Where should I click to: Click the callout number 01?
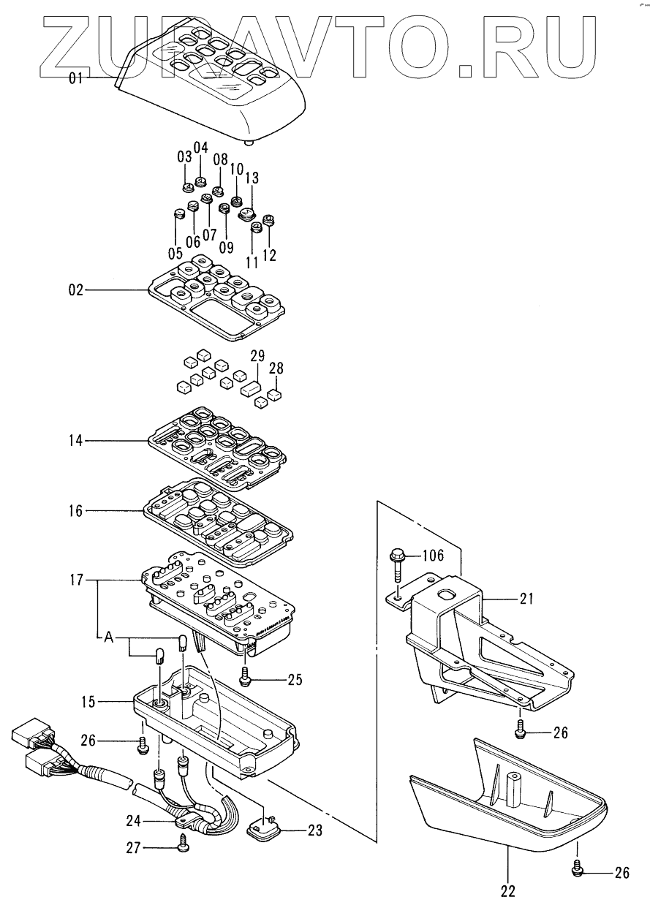(x=76, y=77)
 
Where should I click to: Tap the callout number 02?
(x=76, y=290)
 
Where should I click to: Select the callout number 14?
(x=76, y=441)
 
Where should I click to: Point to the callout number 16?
(x=76, y=511)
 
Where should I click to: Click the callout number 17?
(x=77, y=580)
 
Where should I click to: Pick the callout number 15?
(x=88, y=702)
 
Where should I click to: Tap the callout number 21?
(x=526, y=599)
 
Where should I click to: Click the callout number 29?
(x=257, y=356)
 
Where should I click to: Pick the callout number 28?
(x=276, y=368)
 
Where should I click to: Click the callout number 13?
(x=252, y=178)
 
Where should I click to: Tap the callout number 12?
(x=269, y=255)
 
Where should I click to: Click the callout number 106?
(x=433, y=556)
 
